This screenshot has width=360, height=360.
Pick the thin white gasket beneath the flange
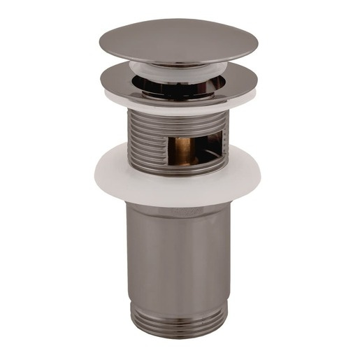click(x=179, y=104)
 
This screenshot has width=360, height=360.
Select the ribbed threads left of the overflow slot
click(x=143, y=143)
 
